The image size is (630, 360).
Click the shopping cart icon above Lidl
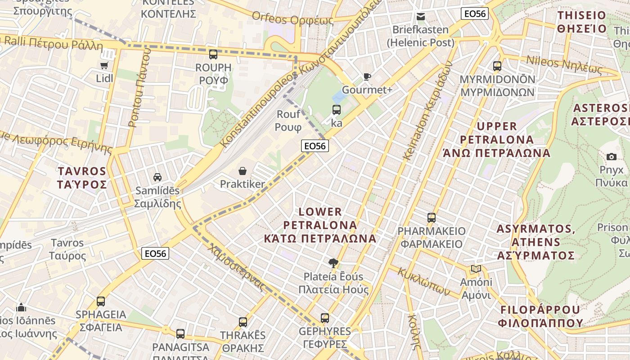[104, 66]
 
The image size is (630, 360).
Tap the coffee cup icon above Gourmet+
[367, 76]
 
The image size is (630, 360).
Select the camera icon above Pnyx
[611, 157]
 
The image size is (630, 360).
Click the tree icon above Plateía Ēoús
[333, 263]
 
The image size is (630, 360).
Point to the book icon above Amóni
[476, 269]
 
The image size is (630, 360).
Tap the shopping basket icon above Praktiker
[243, 171]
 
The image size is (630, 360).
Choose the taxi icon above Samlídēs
[157, 177]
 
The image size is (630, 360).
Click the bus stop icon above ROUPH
[213, 54]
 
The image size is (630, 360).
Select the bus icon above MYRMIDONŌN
[497, 66]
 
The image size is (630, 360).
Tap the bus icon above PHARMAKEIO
[432, 218]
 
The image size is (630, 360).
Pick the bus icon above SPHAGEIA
[101, 301]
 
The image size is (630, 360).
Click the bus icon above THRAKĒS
[243, 322]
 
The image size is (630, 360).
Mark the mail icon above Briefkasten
[421, 17]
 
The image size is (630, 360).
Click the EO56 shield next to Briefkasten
[475, 14]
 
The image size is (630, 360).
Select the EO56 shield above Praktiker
[315, 146]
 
